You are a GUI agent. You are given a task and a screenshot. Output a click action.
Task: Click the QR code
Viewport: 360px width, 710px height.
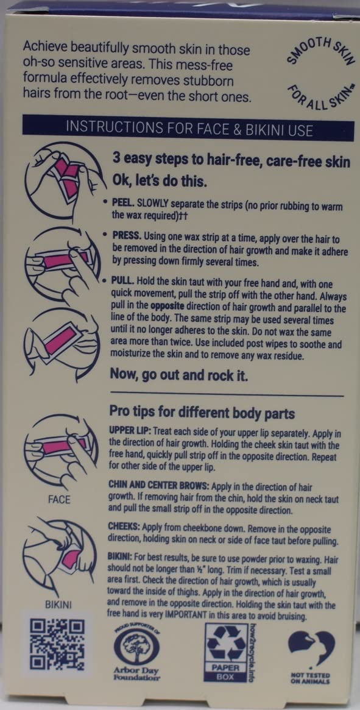coord(57,645)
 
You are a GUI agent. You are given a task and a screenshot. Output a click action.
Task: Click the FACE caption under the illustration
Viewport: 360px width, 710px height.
coord(59,500)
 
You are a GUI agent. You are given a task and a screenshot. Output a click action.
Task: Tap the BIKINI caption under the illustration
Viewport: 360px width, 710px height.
coord(59,605)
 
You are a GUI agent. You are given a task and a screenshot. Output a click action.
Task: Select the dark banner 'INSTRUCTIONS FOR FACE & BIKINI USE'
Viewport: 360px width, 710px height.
coord(189,129)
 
